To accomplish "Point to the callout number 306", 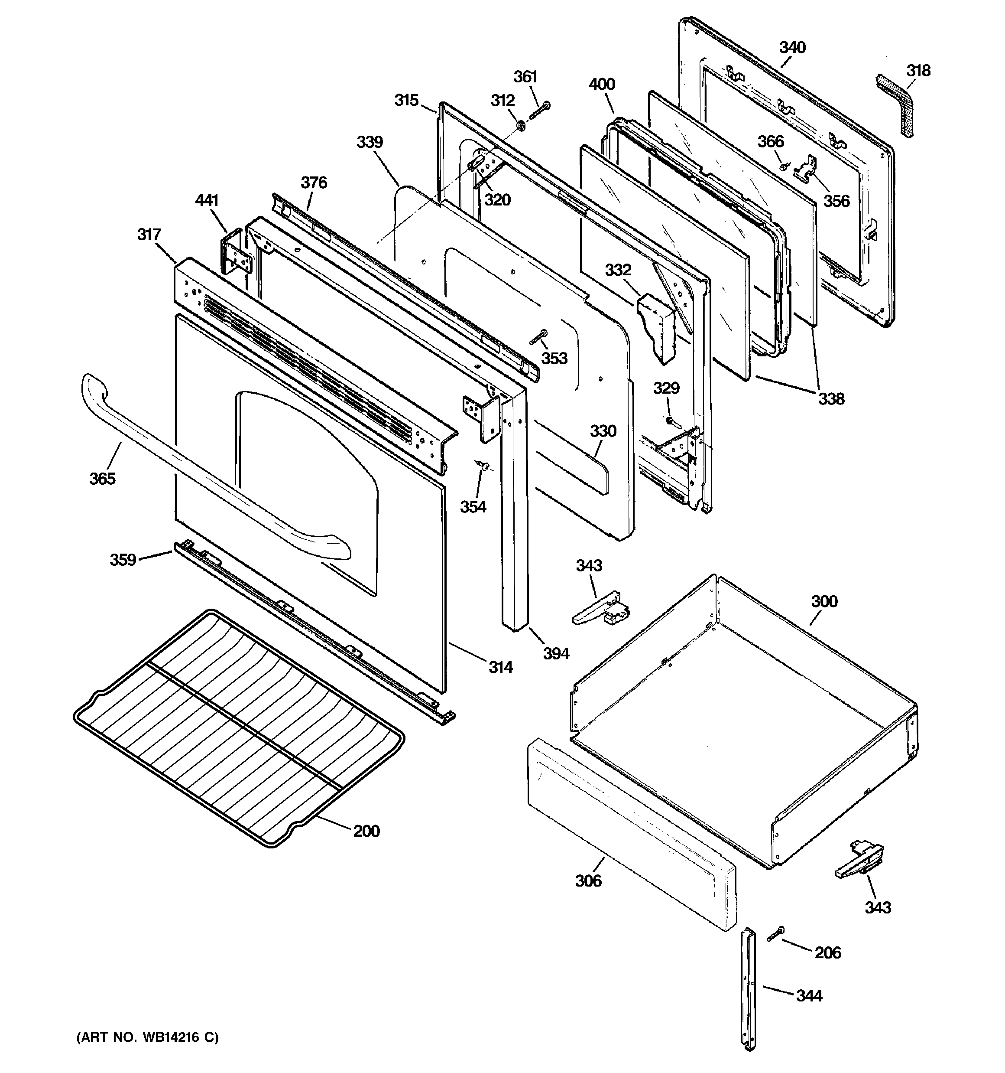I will (588, 881).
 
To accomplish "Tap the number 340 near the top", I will (792, 48).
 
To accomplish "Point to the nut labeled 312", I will (522, 126).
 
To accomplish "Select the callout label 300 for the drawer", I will (824, 601).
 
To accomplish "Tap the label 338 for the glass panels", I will (831, 399).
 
